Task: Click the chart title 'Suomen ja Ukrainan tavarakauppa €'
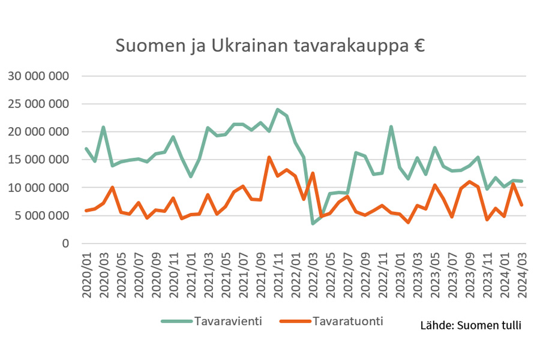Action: coord(270,46)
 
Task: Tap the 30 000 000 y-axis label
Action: coord(38,76)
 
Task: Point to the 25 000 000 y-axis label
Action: coord(38,104)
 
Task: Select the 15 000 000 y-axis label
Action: coord(38,160)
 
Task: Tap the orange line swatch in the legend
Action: coord(295,322)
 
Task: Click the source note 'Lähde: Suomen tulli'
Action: coord(471,326)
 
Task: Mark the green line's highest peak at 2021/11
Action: coord(278,110)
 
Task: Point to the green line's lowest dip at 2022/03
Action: coord(313,223)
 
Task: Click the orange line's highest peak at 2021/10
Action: coord(269,157)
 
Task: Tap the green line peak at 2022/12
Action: coord(392,127)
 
